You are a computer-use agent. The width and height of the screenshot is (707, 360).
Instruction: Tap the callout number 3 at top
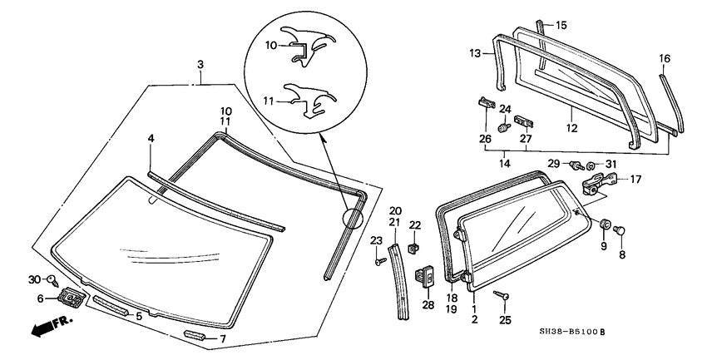tap(200, 65)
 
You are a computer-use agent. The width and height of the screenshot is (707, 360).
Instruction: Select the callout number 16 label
tap(664, 58)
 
